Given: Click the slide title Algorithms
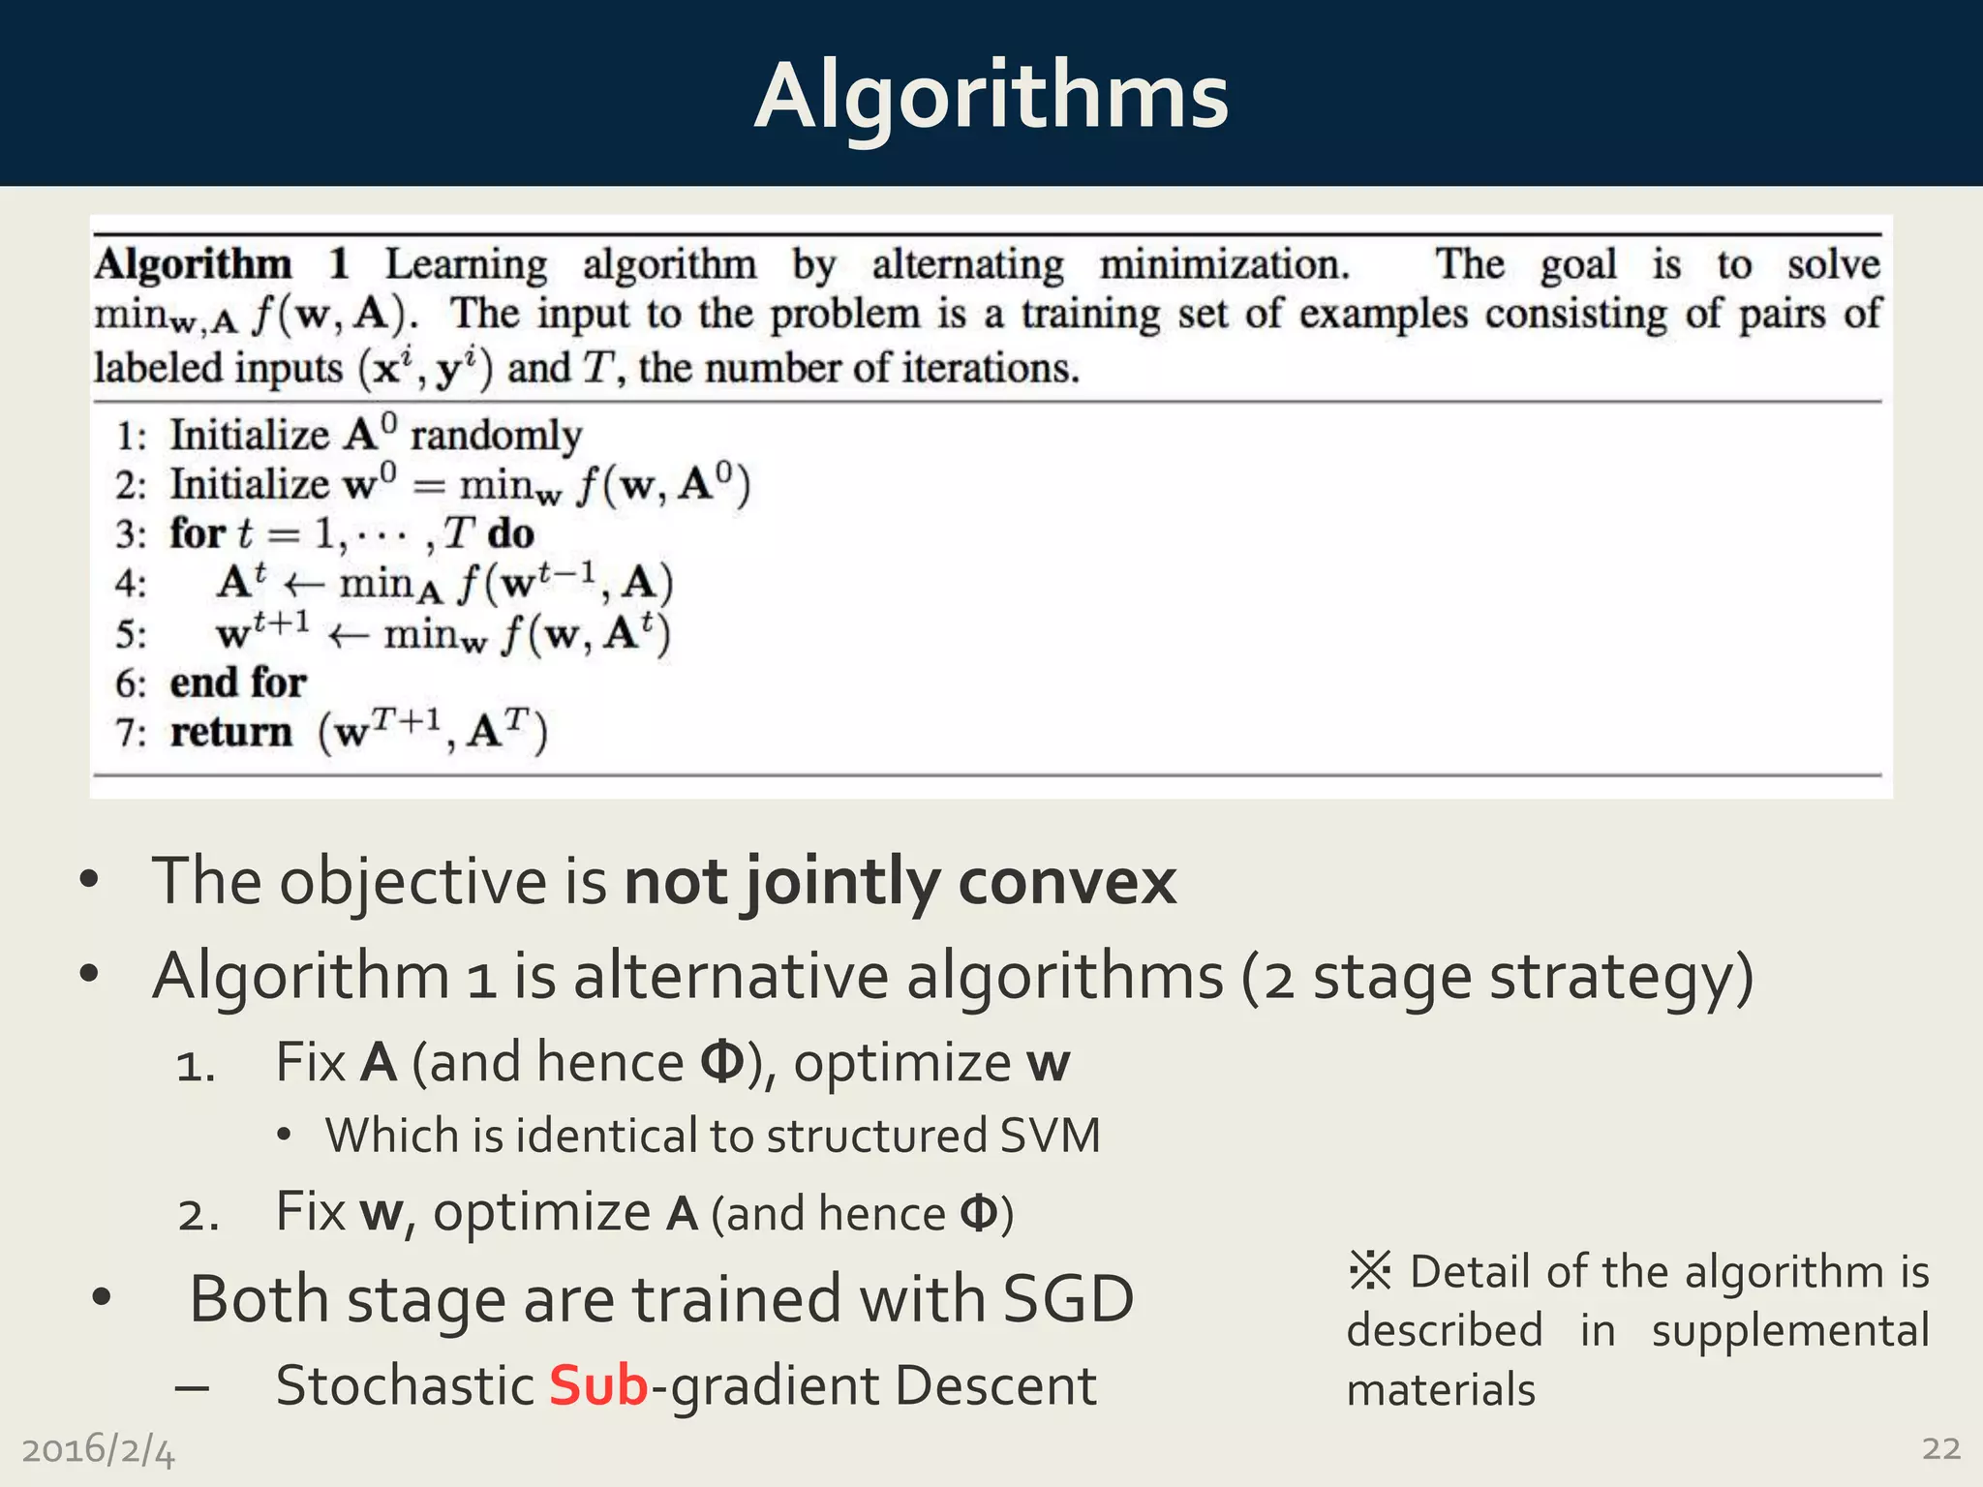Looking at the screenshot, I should pos(991,95).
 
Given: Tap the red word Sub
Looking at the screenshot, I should pos(597,1385).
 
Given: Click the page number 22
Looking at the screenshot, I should pos(1940,1448).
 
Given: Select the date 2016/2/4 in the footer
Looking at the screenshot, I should pos(98,1450).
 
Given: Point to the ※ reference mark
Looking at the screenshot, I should pos(1369,1270).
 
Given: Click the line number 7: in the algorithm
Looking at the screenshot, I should pos(131,733).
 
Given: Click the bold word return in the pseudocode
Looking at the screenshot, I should pos(230,732).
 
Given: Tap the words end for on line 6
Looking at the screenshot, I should pos(238,683).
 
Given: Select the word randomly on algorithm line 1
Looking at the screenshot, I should pos(496,435).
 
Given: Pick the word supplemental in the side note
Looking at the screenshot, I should pos(1789,1330).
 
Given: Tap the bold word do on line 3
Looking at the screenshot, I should pos(510,533).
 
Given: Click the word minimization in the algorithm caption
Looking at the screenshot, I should pos(1224,264).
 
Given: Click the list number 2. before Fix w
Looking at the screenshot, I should pos(198,1214).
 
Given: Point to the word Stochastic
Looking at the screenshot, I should pos(405,1385).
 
